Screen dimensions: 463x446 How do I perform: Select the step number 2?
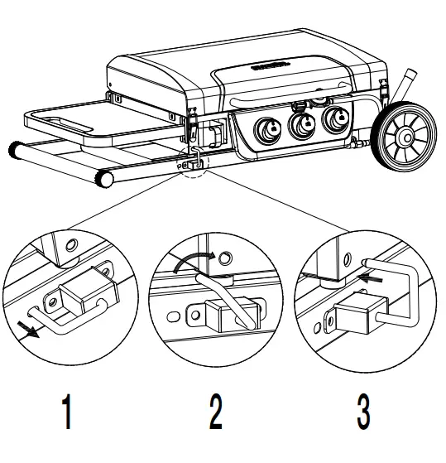tap(214, 412)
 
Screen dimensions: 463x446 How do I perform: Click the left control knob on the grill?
tap(268, 130)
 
